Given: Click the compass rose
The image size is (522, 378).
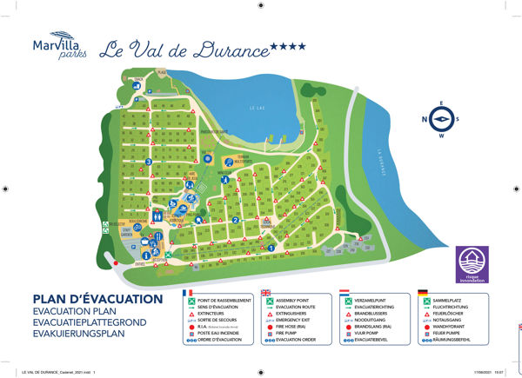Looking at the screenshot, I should point(443,121).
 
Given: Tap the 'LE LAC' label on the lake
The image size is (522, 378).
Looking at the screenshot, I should point(255,108).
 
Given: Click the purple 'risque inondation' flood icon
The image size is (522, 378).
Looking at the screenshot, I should point(472,263).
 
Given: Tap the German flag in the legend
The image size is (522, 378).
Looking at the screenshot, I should point(422,293).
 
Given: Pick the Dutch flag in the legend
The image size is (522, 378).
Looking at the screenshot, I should point(345,293).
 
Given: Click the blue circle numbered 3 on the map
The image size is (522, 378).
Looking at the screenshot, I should point(149,161).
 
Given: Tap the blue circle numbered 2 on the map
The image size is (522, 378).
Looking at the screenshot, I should point(237,220).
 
